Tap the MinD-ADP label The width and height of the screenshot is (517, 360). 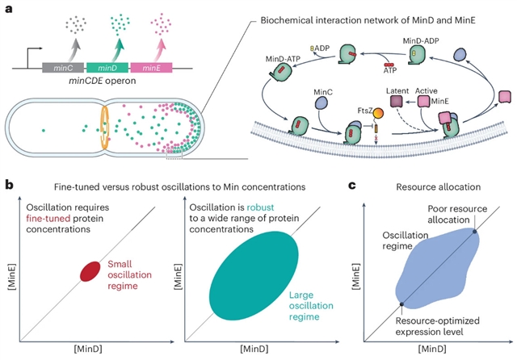(423, 37)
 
